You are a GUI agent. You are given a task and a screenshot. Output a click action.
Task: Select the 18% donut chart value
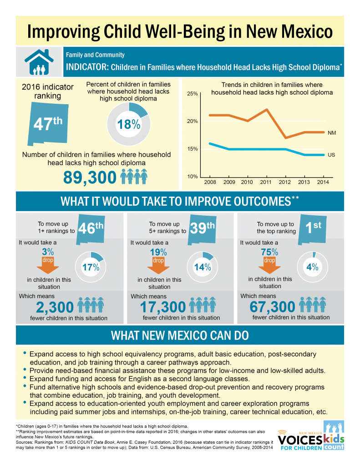129,124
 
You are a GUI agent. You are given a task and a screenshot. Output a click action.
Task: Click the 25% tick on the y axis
192,94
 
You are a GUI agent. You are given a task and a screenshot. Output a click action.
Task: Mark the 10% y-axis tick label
192,177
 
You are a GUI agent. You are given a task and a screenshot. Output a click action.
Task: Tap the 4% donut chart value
312,267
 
